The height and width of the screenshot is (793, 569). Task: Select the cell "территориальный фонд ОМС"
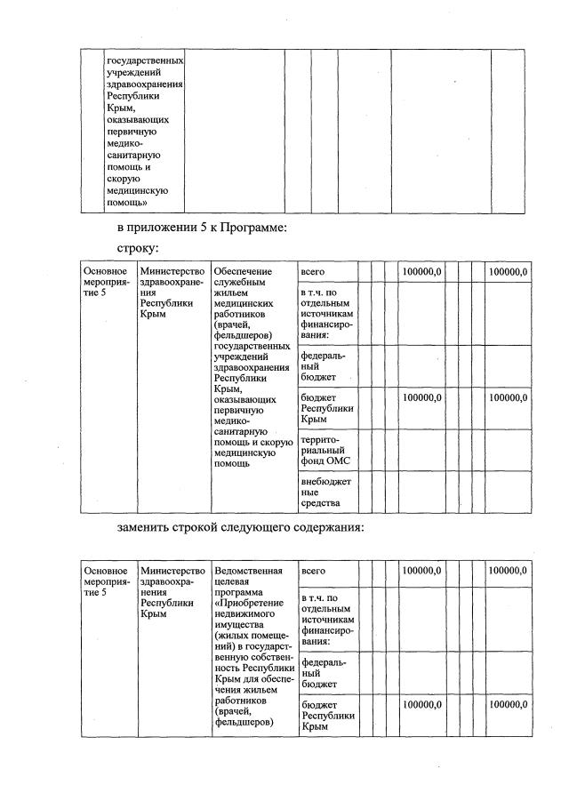326,450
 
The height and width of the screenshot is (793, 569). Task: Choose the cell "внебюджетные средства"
326,493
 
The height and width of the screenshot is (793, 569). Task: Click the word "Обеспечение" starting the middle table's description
241,271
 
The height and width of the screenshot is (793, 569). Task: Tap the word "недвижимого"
244,613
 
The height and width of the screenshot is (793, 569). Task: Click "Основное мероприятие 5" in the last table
105,581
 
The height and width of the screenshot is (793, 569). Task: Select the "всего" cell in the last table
313,570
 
